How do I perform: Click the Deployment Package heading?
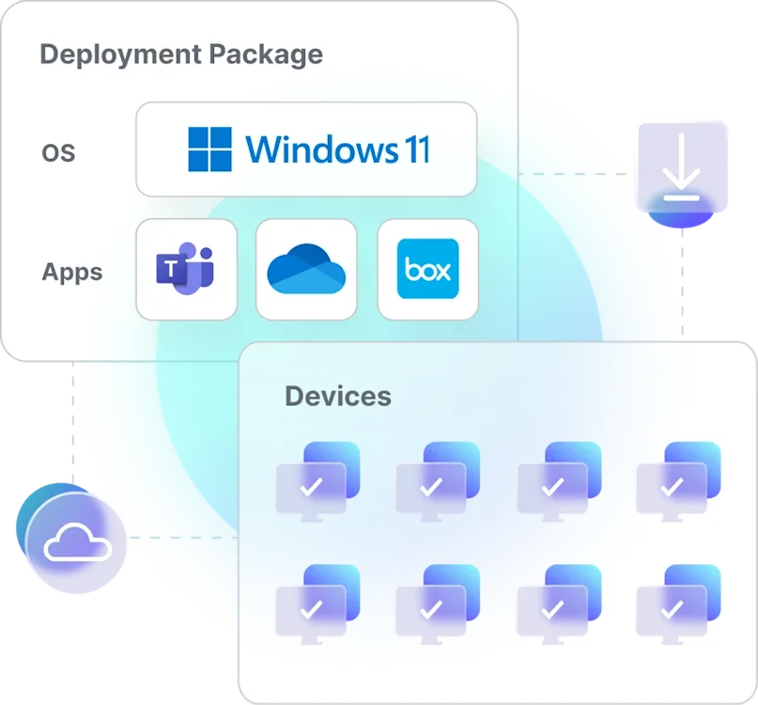point(181,54)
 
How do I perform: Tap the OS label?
point(58,152)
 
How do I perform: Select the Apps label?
point(72,273)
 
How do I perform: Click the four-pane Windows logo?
point(209,149)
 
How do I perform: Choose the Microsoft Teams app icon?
point(186,269)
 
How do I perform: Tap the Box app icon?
point(427,269)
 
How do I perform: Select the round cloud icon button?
point(74,541)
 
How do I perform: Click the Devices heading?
point(338,396)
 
